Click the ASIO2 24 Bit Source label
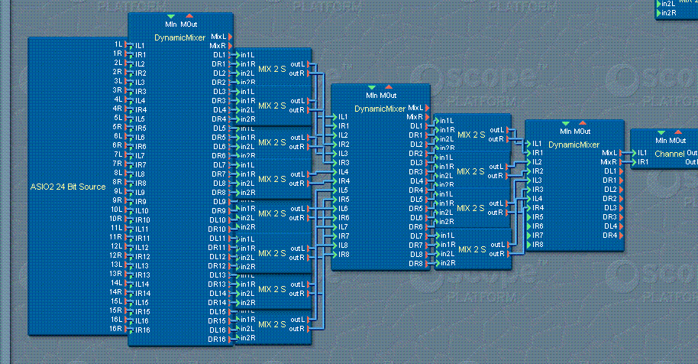click(67, 186)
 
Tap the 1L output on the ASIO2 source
click(118, 45)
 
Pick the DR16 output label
click(218, 339)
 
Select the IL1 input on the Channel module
click(643, 153)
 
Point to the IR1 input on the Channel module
click(643, 162)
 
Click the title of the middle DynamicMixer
click(380, 109)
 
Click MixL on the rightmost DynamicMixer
click(609, 152)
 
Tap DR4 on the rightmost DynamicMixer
click(609, 235)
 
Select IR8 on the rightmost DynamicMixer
click(538, 244)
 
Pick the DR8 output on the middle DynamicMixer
click(415, 263)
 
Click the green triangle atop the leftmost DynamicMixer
click(170, 16)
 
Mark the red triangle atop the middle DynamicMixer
click(388, 87)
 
